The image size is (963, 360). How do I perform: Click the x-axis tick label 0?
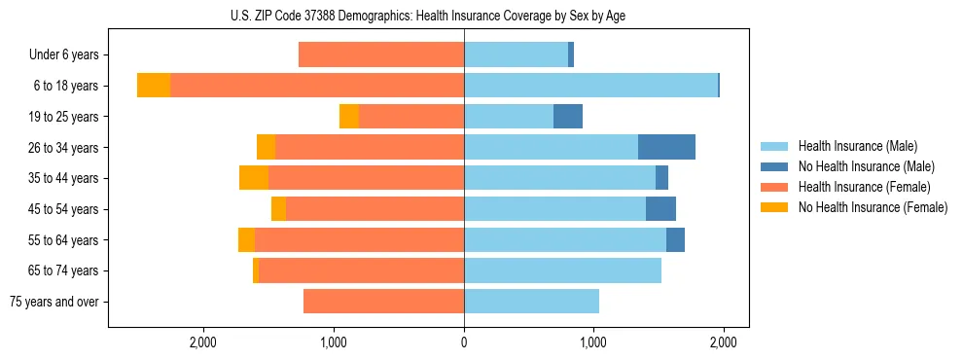(x=464, y=342)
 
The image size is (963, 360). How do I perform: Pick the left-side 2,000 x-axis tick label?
(x=202, y=342)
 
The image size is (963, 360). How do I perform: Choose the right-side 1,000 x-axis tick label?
(x=593, y=342)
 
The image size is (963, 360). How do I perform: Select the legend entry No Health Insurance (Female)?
(x=873, y=207)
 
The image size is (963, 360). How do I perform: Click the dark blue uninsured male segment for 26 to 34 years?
(x=666, y=147)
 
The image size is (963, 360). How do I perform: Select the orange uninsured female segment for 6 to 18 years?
(x=154, y=86)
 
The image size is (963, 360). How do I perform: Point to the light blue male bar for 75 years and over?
(x=531, y=302)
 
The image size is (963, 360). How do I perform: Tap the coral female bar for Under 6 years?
(x=381, y=55)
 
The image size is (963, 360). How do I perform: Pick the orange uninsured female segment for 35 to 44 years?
(x=254, y=178)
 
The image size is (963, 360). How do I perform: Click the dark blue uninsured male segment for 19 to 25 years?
(x=568, y=117)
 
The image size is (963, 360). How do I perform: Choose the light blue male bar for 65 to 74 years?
(x=562, y=270)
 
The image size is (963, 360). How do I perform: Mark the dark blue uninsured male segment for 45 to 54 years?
(x=660, y=209)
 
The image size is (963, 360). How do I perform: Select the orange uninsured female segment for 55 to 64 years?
(x=246, y=240)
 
